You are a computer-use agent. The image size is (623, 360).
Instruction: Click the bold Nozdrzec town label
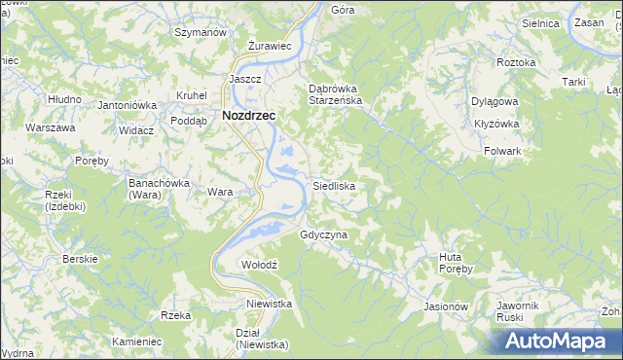click(x=249, y=114)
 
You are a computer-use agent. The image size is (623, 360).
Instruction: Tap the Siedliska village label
click(x=333, y=185)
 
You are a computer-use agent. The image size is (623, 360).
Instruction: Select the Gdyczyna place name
click(x=324, y=234)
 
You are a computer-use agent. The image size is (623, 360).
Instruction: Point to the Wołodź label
click(x=260, y=265)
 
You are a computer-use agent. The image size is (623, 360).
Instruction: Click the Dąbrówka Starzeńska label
click(x=336, y=92)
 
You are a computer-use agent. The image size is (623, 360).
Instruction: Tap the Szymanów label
click(x=200, y=32)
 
